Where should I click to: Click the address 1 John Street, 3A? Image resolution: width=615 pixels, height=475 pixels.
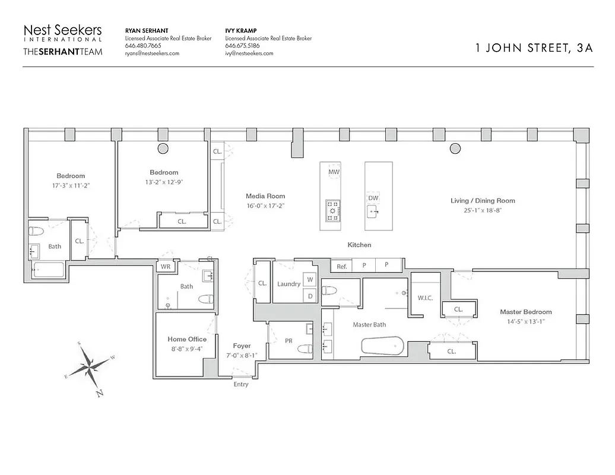[x=534, y=49]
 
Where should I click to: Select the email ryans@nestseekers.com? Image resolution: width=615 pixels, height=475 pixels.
[x=152, y=53]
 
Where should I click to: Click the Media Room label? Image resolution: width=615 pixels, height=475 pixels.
[x=265, y=196]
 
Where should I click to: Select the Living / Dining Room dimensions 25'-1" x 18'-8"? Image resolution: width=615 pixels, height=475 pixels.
[x=483, y=210]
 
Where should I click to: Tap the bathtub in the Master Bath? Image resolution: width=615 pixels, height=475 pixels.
[x=382, y=346]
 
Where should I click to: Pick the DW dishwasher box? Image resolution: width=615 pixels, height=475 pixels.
[x=373, y=198]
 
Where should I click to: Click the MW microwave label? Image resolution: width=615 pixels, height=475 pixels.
[x=333, y=171]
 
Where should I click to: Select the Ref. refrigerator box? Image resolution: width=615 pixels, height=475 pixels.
[x=342, y=266]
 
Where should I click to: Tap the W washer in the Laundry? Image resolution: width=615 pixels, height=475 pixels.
[x=310, y=279]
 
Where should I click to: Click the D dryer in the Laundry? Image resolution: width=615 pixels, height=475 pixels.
[x=310, y=294]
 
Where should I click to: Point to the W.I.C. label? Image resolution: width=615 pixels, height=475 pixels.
[x=425, y=297]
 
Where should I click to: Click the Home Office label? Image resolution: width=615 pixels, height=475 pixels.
[x=187, y=340]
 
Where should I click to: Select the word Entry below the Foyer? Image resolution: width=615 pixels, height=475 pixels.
[x=241, y=384]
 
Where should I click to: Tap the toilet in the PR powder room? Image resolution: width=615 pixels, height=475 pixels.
[x=305, y=349]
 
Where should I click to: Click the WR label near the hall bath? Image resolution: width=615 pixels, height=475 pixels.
[x=166, y=267]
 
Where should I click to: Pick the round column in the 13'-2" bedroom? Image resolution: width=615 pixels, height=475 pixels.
[x=163, y=148]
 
